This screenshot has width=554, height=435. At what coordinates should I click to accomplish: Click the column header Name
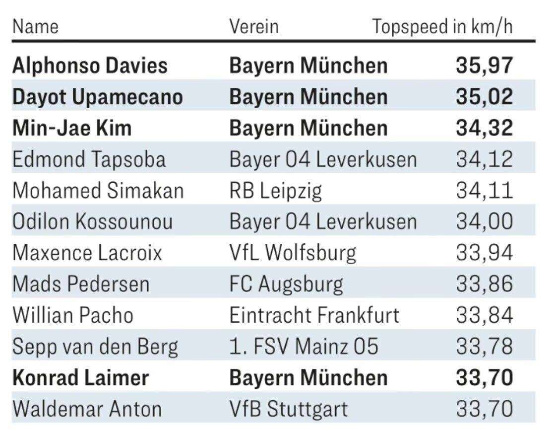pos(35,27)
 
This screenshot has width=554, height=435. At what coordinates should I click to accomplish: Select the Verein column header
pos(254,27)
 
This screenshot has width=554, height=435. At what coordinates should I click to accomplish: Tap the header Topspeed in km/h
pos(442,27)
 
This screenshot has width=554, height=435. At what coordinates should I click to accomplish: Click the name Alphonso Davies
pos(90,66)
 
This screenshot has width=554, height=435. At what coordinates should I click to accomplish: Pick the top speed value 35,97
pos(484,66)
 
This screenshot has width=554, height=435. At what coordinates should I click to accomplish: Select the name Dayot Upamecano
pos(98,97)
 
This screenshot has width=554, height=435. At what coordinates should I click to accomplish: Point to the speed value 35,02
pos(484,97)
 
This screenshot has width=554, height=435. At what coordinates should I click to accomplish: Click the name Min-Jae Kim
pos(72,128)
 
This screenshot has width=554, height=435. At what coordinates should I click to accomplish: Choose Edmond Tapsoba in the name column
pos(89,159)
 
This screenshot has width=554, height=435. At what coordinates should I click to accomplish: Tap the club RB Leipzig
pos(275,191)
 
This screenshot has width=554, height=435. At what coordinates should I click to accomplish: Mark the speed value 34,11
pos(484,191)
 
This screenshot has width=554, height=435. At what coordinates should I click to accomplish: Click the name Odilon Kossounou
pos(92,221)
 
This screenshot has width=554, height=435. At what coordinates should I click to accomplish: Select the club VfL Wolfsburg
pos(293,253)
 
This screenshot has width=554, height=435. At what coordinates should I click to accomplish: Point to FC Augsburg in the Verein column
pos(286,284)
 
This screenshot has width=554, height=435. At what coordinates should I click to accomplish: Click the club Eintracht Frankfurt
pos(314,315)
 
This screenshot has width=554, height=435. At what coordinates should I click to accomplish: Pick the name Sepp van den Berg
pos(95,347)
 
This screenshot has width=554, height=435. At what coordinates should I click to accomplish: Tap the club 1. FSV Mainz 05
pos(304,347)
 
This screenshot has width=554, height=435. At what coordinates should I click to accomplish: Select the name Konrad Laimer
pos(80,378)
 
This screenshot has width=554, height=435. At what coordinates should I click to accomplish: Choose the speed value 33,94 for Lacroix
pos(484,253)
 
